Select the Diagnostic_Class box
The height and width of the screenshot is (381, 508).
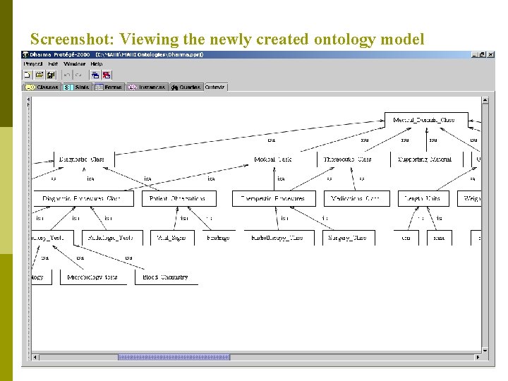pyautogui.click(x=82, y=159)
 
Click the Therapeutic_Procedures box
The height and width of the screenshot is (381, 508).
pyautogui.click(x=273, y=199)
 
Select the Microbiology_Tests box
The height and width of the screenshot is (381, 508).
pyautogui.click(x=92, y=277)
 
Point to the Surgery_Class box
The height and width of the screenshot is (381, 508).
pyautogui.click(x=347, y=238)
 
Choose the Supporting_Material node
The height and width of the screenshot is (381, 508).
pyautogui.click(x=424, y=159)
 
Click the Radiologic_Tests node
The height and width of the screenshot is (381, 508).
pyautogui.click(x=111, y=238)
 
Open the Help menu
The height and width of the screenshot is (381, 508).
pyautogui.click(x=96, y=64)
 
